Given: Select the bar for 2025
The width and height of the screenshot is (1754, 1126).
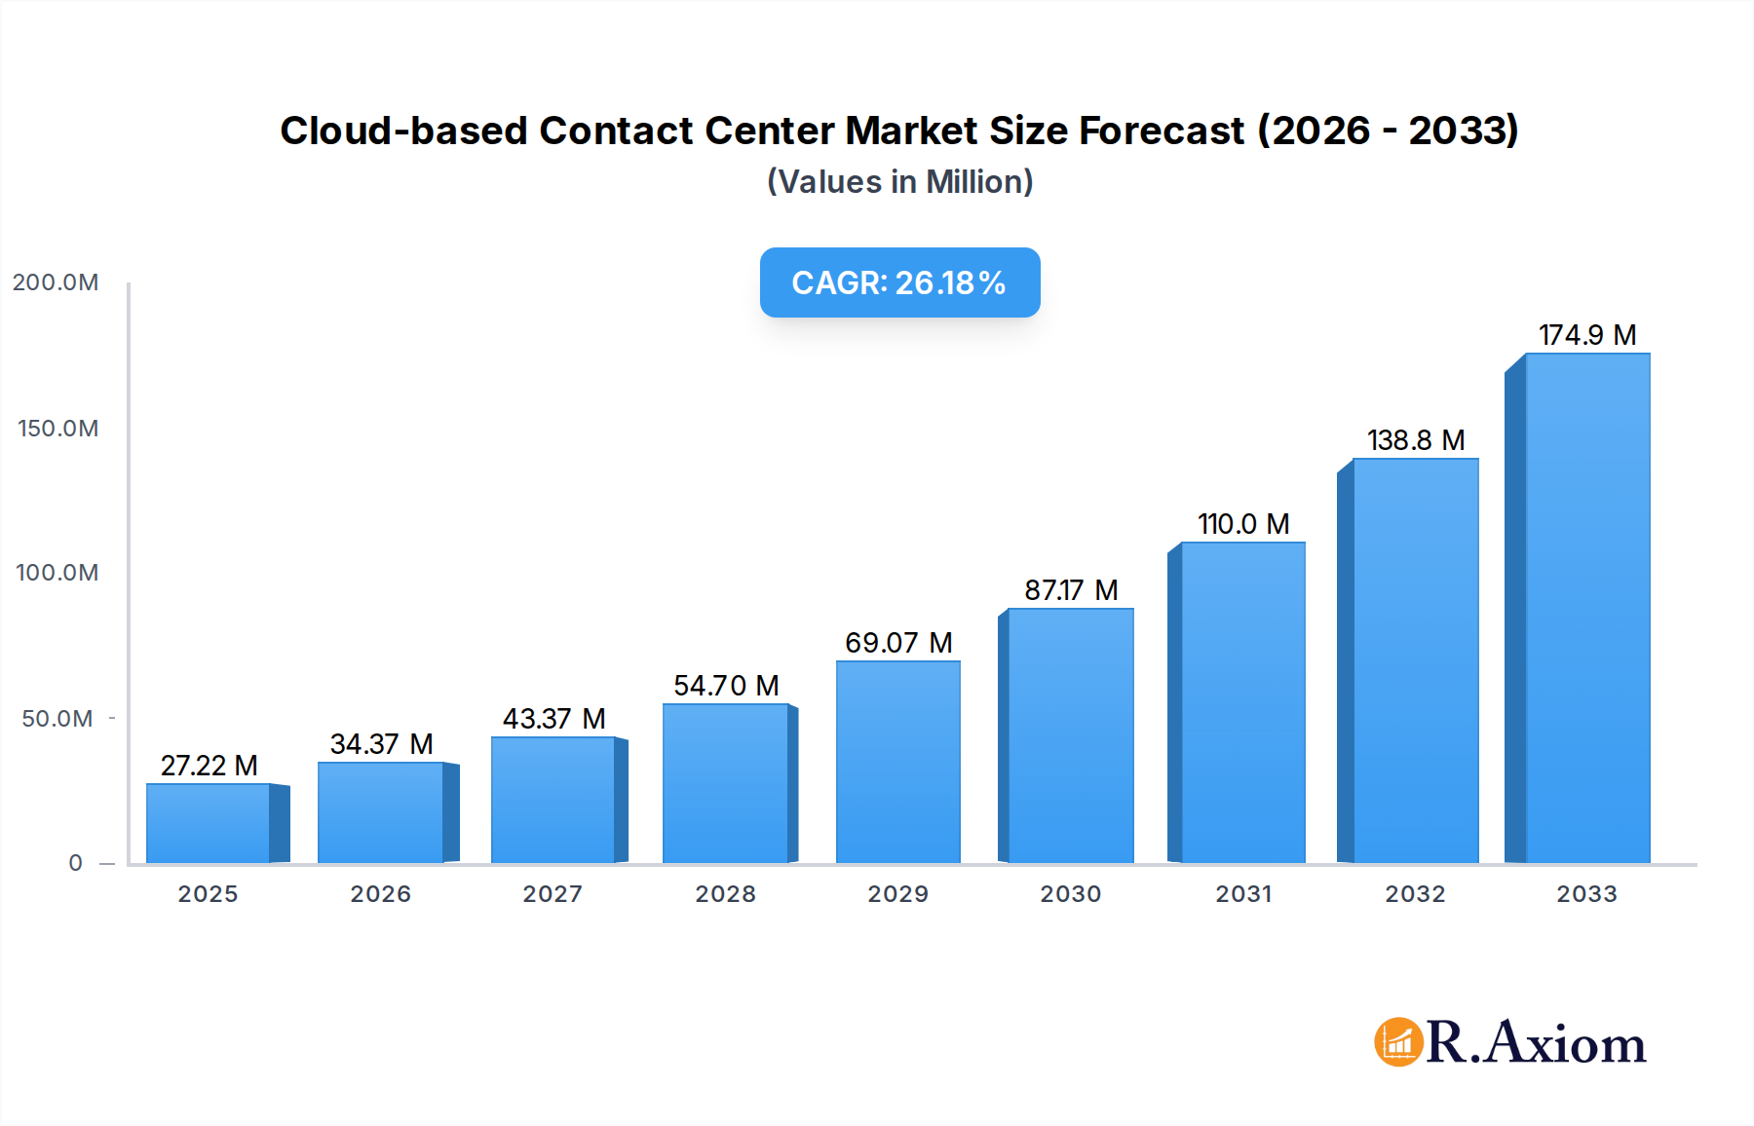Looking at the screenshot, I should click(x=208, y=823).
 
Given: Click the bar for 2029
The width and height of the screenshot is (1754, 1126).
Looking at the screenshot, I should click(x=897, y=762).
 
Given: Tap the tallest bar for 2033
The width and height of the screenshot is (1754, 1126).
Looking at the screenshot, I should click(x=1586, y=608).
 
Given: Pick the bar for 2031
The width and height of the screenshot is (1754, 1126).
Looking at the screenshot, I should click(x=1242, y=702).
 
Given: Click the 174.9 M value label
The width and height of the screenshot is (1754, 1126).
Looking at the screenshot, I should click(x=1586, y=335).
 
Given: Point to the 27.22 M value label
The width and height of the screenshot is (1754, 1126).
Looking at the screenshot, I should click(x=209, y=766).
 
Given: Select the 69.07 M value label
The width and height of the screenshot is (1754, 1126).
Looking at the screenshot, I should click(x=897, y=643).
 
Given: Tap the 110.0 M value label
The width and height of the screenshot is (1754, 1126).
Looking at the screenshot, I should click(x=1242, y=524).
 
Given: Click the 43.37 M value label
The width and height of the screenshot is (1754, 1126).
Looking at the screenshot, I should click(x=553, y=719).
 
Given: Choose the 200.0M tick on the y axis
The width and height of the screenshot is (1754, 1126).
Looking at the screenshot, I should click(x=56, y=282).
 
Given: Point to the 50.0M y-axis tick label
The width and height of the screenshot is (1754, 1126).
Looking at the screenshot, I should click(x=57, y=719).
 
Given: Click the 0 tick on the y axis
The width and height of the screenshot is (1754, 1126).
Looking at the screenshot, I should click(x=75, y=863).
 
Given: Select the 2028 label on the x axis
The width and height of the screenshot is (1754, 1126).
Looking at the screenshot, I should click(x=725, y=894).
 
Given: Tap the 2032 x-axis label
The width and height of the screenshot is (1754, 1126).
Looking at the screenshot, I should click(x=1415, y=894).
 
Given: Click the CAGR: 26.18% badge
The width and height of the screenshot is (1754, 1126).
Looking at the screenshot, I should click(x=899, y=282).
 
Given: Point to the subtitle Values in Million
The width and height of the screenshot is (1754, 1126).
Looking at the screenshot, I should click(x=899, y=182).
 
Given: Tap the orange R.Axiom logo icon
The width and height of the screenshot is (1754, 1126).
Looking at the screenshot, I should click(x=1398, y=1042).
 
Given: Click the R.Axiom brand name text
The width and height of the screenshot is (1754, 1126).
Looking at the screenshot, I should click(x=1536, y=1043).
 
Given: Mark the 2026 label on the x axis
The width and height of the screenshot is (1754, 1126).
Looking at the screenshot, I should click(x=380, y=894).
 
